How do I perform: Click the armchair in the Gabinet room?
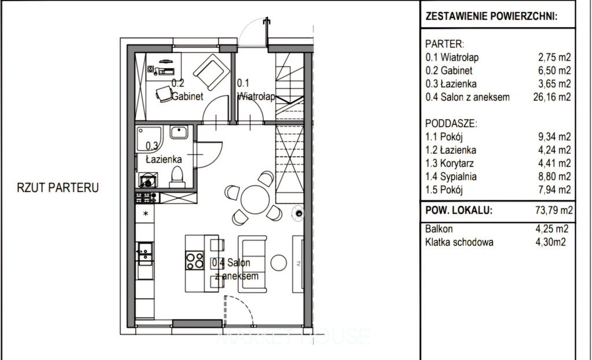[x=211, y=72]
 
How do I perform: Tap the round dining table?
[x=255, y=199]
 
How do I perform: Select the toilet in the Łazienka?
[x=177, y=177]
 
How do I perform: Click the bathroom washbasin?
[x=179, y=132]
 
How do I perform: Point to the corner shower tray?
[x=149, y=139]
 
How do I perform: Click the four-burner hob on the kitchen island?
[x=194, y=261]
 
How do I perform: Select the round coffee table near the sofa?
[x=279, y=263]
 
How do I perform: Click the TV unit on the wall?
[x=298, y=263]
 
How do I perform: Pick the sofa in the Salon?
[x=252, y=263]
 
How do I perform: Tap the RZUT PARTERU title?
[x=58, y=188]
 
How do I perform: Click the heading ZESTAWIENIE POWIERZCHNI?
[x=491, y=16]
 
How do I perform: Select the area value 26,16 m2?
[x=552, y=97]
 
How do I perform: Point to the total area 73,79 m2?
[x=554, y=210]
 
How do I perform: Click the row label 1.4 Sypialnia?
[x=451, y=177]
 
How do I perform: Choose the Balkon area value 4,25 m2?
[x=552, y=229]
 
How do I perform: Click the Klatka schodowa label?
[x=459, y=242]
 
